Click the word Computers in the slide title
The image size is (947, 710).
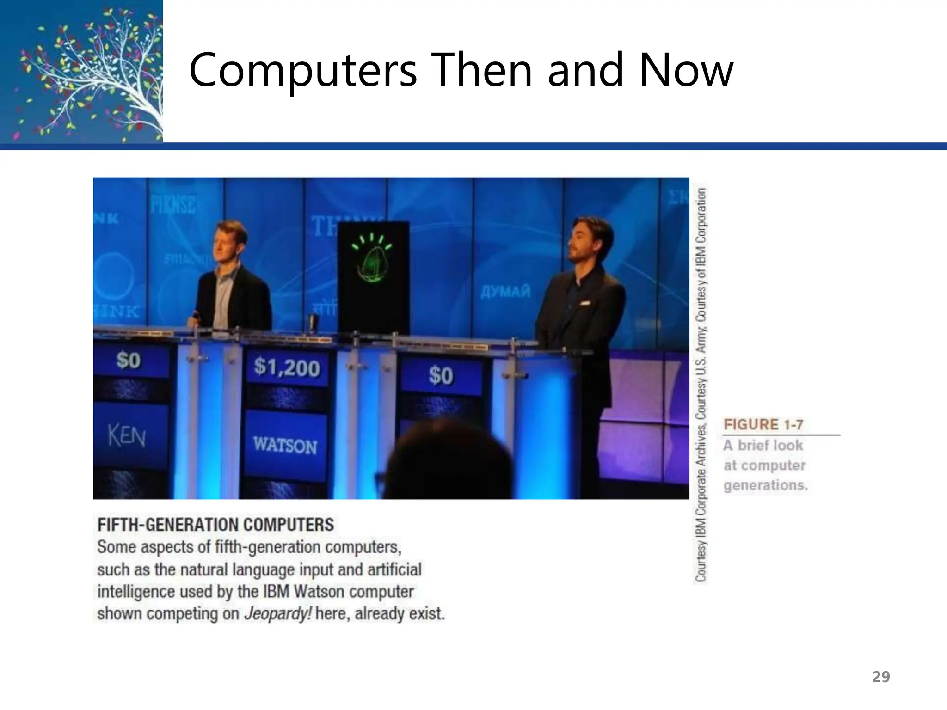point(303,70)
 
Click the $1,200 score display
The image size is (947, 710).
point(287,367)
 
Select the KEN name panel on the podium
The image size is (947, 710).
point(127,435)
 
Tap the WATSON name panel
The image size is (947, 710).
point(285,445)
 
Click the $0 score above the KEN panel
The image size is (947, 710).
point(128,360)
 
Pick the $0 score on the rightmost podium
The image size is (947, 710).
point(440,375)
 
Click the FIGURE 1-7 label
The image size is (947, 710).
point(763,424)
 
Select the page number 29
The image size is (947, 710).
point(881,677)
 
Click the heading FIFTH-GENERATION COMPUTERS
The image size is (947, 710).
point(215,525)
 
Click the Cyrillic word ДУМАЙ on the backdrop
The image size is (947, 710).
point(505,292)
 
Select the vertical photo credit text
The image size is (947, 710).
point(701,384)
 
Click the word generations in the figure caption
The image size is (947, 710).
point(765,485)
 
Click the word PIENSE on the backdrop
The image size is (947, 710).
point(172,204)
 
